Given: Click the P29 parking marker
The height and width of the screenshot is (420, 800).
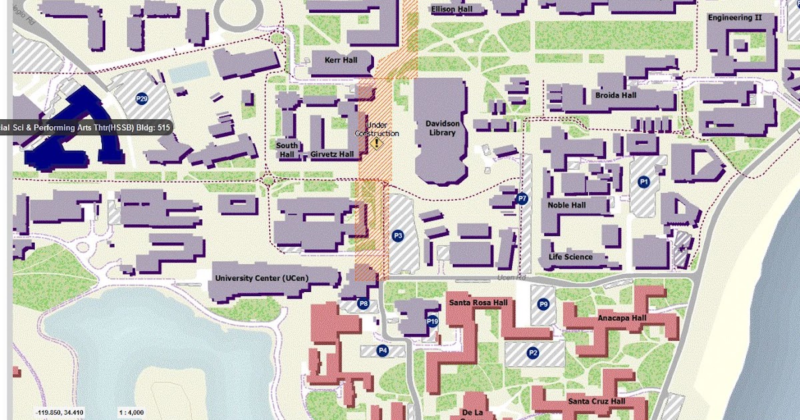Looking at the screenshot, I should click(x=141, y=99).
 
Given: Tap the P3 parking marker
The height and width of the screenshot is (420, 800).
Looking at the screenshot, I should click(x=398, y=235).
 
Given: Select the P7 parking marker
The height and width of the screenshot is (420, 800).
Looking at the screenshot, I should click(x=523, y=198).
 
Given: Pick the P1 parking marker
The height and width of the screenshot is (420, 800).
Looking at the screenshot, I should click(x=643, y=181).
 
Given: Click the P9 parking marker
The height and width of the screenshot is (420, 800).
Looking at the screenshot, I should click(x=543, y=305).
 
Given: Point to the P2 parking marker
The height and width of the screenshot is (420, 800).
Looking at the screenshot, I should click(x=533, y=353).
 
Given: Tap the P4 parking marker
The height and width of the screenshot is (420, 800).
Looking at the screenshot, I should click(x=383, y=350).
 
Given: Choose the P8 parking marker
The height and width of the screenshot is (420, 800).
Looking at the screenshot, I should click(x=363, y=304).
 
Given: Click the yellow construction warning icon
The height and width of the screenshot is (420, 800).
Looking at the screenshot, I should click(x=377, y=143).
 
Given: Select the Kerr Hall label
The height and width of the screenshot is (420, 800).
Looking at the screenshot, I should click(x=341, y=60).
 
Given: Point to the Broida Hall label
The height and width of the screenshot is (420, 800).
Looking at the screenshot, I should click(x=615, y=95).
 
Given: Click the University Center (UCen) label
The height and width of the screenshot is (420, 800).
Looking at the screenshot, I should click(x=261, y=277).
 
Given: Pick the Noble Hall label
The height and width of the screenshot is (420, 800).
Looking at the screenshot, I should click(x=567, y=205).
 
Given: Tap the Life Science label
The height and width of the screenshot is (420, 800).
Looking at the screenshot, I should click(x=570, y=257).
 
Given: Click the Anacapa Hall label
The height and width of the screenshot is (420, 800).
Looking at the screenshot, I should click(x=621, y=318).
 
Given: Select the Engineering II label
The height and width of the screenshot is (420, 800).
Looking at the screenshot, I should click(x=735, y=17).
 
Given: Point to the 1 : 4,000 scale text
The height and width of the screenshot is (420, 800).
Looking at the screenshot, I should click(x=131, y=413).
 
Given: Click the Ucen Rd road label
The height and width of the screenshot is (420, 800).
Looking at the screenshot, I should click(x=511, y=277).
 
